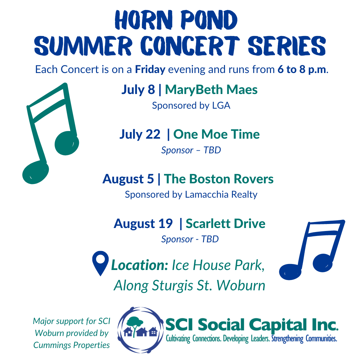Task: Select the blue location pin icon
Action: click(x=100, y=263)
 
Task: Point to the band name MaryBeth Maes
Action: click(x=211, y=90)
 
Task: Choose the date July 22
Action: click(x=140, y=134)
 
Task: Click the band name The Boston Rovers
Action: click(x=219, y=179)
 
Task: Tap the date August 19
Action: click(x=143, y=224)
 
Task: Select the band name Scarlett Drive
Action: click(x=225, y=224)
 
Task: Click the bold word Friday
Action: click(x=150, y=69)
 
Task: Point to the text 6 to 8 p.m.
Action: click(x=302, y=69)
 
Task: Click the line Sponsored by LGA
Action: click(x=191, y=106)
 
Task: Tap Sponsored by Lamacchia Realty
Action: click(x=191, y=194)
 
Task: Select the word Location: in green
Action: click(x=140, y=265)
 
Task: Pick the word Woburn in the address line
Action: click(x=241, y=286)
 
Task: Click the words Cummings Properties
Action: click(x=71, y=345)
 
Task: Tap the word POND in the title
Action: click(x=209, y=20)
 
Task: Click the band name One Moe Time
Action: click(x=216, y=134)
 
